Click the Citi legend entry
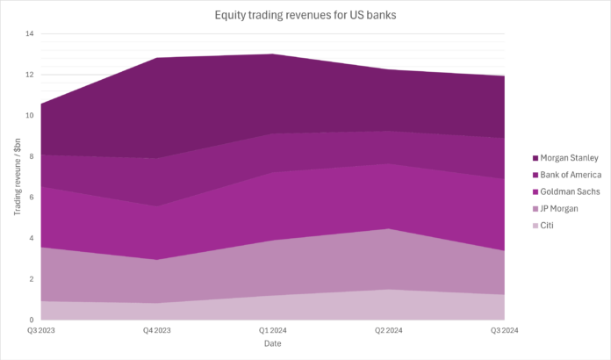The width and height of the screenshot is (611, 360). point(548,225)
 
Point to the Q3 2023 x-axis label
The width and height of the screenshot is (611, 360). point(40,329)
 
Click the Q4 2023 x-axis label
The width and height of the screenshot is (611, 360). point(156,329)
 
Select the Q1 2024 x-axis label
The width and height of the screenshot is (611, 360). point(273,329)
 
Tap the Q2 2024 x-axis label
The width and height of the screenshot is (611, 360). point(389,329)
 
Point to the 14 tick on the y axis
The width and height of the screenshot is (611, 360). point(29,34)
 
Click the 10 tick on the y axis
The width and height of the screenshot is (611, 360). point(29,116)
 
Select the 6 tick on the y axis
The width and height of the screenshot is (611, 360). point(31,198)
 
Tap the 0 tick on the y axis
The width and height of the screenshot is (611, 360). point(31,320)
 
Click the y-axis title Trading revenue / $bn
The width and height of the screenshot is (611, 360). point(13,176)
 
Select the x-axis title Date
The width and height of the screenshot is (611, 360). point(273,343)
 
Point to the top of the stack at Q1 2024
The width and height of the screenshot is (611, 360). point(273,54)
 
